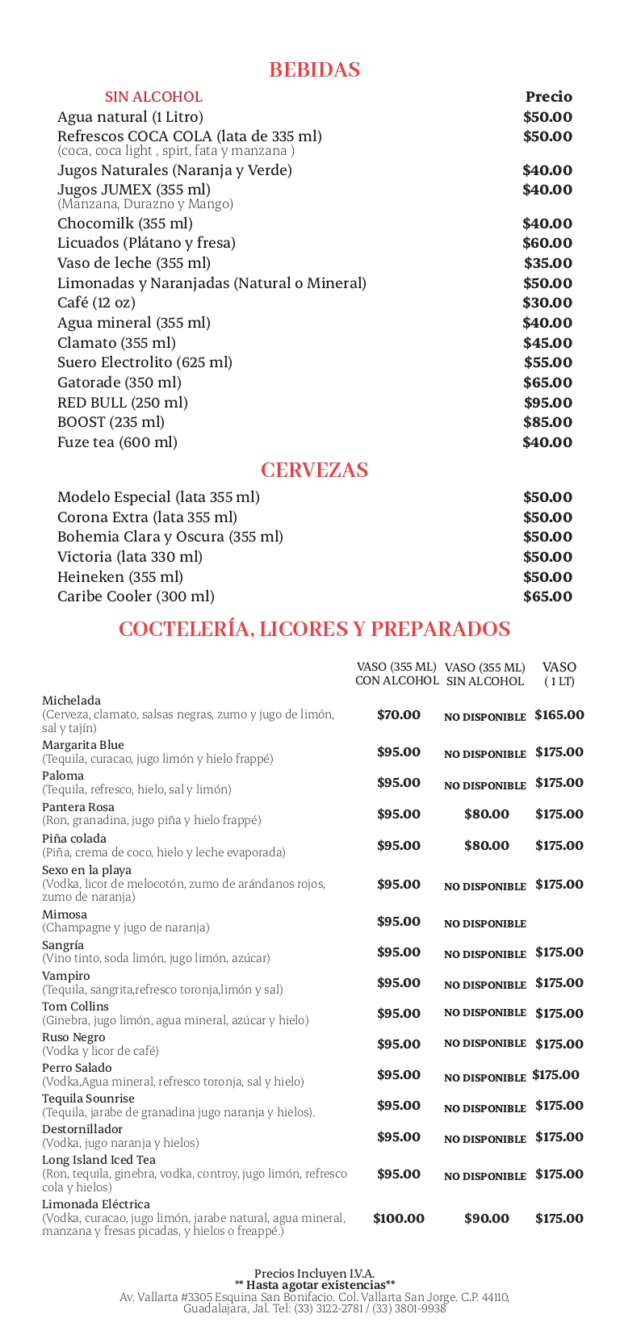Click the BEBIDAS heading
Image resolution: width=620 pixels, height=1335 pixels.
point(314,70)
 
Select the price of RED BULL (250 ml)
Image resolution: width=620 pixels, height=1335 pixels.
point(547,403)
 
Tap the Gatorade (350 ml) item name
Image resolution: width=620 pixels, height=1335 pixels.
point(119,383)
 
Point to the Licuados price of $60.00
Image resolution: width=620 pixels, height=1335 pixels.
point(547,243)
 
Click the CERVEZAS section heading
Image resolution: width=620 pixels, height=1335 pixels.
point(314,471)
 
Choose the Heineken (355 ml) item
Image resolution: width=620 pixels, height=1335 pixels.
point(119,577)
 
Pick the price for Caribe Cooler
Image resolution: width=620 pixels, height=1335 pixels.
point(547,596)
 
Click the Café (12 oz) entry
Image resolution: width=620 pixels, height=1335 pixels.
point(96,303)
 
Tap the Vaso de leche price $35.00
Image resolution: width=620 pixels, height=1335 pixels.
point(547,263)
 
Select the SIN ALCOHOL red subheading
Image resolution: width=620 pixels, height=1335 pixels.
point(153,97)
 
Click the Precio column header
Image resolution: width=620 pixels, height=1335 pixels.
point(548,97)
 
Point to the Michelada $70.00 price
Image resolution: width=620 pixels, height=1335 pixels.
point(398,715)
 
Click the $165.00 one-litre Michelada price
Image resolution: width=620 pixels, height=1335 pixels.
point(559,715)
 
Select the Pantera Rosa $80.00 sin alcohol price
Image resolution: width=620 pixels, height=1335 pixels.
point(486,814)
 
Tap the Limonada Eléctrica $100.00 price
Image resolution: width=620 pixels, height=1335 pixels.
point(398,1219)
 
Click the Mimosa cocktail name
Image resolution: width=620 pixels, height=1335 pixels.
point(65,914)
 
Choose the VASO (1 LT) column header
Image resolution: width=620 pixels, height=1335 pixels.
point(559,674)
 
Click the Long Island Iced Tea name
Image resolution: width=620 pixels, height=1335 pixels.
point(98,1160)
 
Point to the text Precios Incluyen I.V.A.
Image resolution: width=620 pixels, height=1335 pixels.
point(314,1274)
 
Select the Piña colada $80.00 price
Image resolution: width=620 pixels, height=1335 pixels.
point(486,846)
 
